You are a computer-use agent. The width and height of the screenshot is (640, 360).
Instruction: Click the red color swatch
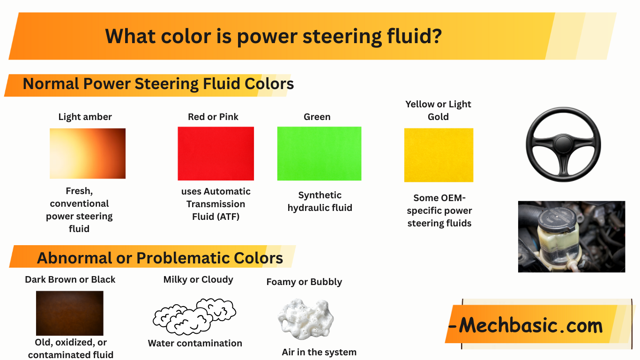click(x=216, y=153)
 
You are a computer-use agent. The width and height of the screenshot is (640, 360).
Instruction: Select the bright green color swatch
click(x=319, y=153)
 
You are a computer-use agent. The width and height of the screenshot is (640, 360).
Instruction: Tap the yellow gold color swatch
click(x=439, y=155)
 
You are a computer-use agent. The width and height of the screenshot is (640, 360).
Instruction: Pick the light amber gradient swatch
click(x=88, y=153)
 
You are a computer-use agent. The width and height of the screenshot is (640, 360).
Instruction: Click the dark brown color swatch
click(x=69, y=313)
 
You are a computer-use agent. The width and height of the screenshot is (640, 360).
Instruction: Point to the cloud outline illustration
click(x=194, y=316)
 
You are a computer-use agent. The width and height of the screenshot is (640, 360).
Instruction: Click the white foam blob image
click(x=305, y=319)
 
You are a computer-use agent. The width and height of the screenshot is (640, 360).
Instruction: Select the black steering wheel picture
click(x=563, y=144)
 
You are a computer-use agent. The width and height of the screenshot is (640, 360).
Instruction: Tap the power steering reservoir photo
click(x=571, y=236)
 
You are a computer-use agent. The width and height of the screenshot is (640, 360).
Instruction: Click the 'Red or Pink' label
click(x=213, y=117)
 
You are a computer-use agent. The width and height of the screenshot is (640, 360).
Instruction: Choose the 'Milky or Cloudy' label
click(x=198, y=279)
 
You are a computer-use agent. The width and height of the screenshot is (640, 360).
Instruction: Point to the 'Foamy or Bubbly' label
click(x=304, y=282)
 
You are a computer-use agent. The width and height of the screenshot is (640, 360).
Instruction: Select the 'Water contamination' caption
click(x=195, y=343)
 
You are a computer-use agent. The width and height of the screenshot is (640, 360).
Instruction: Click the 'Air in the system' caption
click(x=319, y=352)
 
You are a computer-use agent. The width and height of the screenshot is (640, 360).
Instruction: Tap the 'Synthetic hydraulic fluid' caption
click(x=320, y=201)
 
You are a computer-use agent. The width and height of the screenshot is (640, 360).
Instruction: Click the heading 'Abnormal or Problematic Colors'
click(x=160, y=258)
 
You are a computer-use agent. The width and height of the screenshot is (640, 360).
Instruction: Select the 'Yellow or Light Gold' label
click(x=438, y=110)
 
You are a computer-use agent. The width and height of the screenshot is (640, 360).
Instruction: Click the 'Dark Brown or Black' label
click(x=70, y=279)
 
